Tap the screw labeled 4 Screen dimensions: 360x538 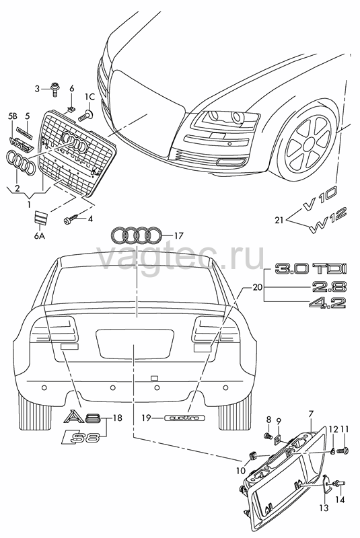[x=71, y=219]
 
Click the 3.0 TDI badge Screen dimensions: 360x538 [x=311, y=268]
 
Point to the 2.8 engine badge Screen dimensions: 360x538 [x=329, y=286]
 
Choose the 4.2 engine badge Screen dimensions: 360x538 [x=328, y=303]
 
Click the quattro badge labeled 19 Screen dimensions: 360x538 [x=184, y=418]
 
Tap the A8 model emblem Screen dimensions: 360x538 [x=81, y=417]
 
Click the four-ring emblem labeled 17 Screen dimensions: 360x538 [x=136, y=235]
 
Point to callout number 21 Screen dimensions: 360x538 [x=279, y=219]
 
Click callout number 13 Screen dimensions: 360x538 [x=324, y=508]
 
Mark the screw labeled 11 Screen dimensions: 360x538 [x=343, y=450]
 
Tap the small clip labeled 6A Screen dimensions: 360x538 [x=40, y=217]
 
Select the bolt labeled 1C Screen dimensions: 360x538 [x=84, y=116]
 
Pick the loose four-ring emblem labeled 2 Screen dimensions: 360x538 [x=21, y=162]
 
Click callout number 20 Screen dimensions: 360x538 [x=257, y=287]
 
